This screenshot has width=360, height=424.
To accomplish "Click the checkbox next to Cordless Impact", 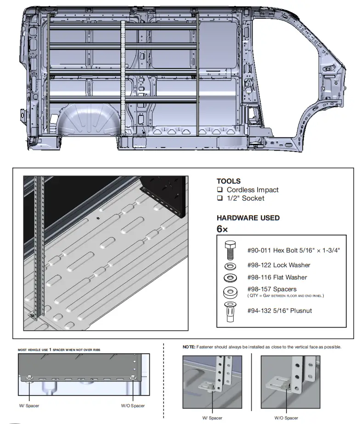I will coord(220,190).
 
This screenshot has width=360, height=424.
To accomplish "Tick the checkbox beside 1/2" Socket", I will coord(220,199).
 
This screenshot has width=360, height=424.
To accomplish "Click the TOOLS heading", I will coord(228,181).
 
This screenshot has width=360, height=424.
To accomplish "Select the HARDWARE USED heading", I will coord(248,218).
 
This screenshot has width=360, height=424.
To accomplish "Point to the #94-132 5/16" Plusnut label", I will coord(279,311).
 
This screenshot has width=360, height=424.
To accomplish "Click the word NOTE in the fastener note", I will coord(189,347).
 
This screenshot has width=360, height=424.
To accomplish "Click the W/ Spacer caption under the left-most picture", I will coord(29,406).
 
